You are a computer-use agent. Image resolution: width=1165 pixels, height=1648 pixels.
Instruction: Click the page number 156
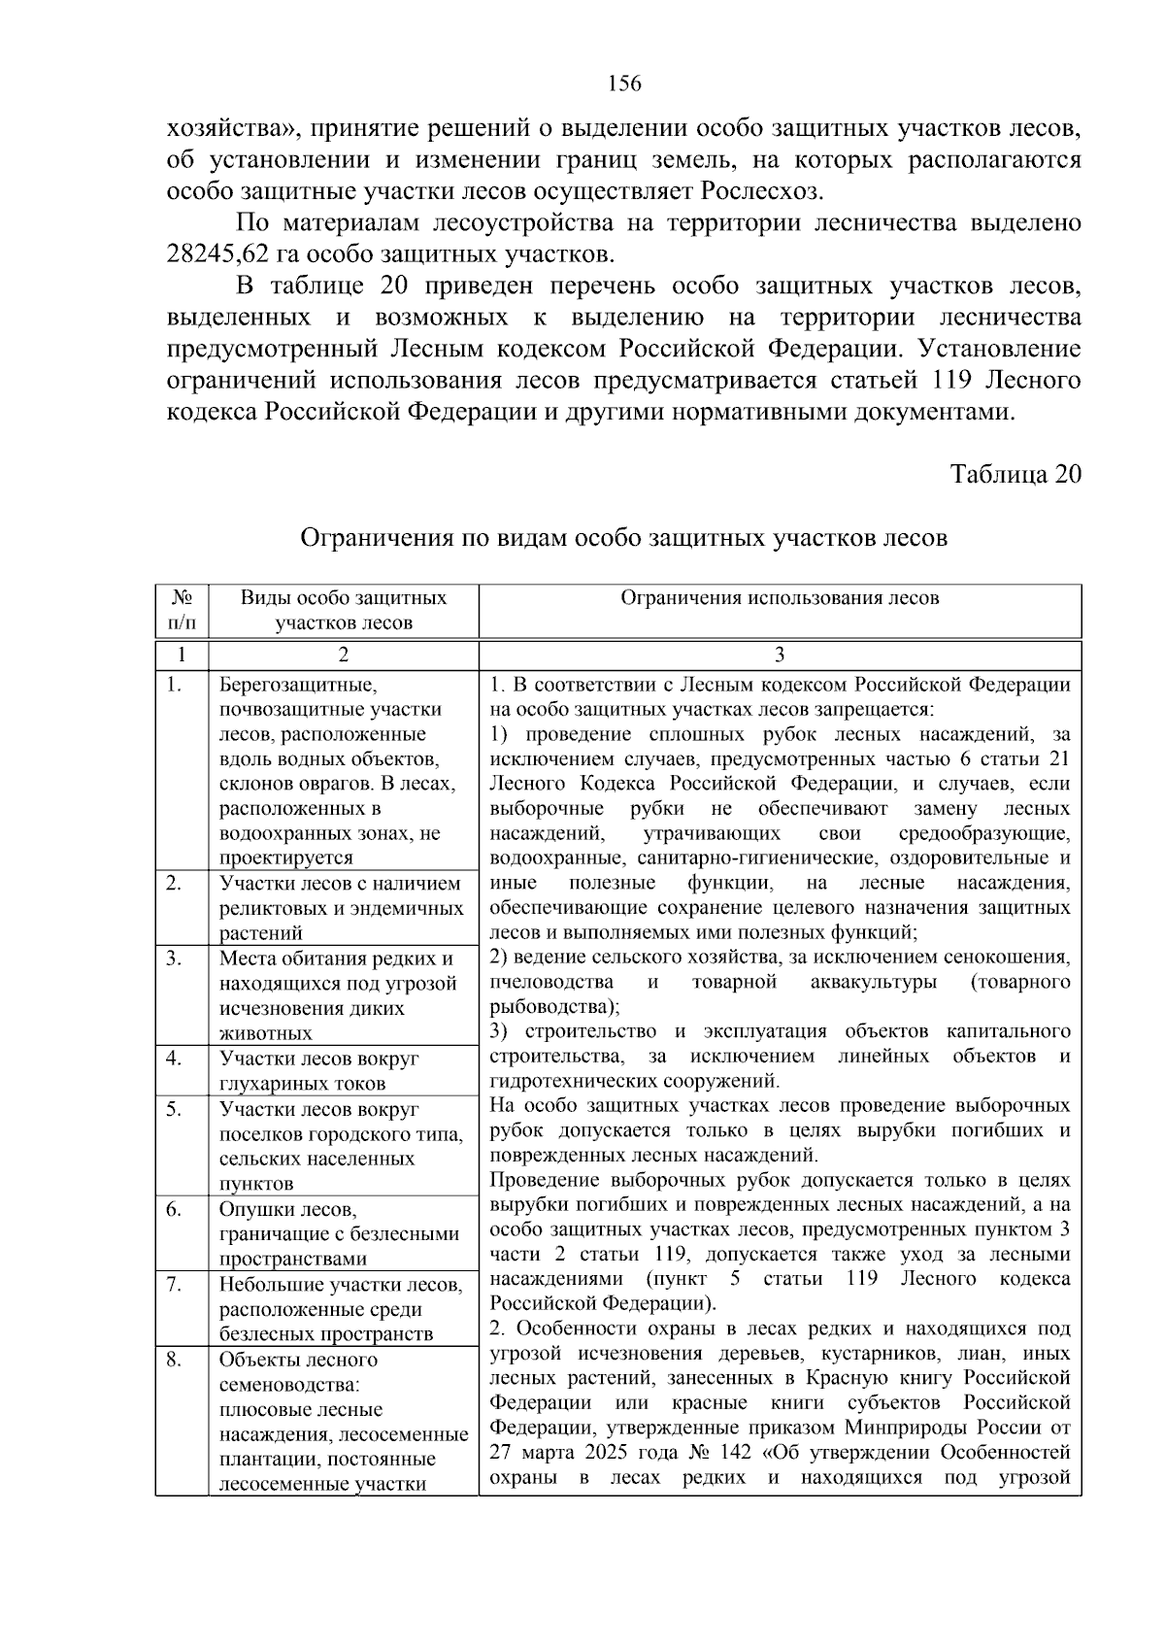[x=624, y=84]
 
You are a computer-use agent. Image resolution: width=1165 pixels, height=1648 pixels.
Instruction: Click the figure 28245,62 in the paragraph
[x=222, y=255]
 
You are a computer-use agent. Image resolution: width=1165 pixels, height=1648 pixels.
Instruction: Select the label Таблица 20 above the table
[x=1015, y=474]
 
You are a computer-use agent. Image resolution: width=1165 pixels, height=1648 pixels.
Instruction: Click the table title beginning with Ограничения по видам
[x=623, y=537]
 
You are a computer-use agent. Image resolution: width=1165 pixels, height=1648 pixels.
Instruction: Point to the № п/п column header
[x=182, y=610]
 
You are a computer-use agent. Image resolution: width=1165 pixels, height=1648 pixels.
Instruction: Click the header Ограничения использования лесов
[x=780, y=598]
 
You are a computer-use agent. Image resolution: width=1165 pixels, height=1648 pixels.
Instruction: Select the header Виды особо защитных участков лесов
[x=344, y=610]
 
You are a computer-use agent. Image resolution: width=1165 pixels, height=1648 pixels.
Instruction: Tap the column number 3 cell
[x=780, y=654]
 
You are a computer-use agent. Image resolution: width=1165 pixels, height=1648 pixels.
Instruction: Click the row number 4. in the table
[x=175, y=1059]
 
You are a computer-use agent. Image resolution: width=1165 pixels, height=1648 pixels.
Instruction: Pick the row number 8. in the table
[x=175, y=1360]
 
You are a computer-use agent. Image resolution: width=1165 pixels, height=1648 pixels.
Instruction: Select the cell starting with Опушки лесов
[x=339, y=1234]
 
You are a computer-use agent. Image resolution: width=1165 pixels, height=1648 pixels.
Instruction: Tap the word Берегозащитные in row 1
[x=297, y=685]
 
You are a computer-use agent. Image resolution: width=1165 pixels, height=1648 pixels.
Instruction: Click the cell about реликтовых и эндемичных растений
[x=341, y=909]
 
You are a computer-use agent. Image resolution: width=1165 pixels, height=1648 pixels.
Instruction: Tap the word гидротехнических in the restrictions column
[x=574, y=1081]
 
